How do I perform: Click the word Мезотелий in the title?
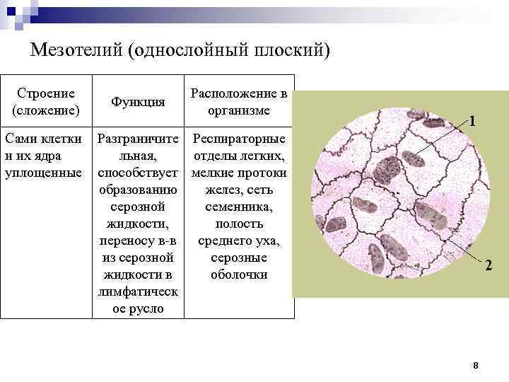[78, 51]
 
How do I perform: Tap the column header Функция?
[139, 103]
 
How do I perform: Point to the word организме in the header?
[239, 111]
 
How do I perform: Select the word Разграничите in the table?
[139, 139]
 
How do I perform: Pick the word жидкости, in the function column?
[139, 224]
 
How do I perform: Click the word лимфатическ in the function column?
[139, 292]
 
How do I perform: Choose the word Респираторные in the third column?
[239, 139]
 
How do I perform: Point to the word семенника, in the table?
[239, 207]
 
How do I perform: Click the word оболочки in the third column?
[239, 275]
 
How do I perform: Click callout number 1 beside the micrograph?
[472, 121]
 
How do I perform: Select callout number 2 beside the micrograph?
[488, 266]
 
